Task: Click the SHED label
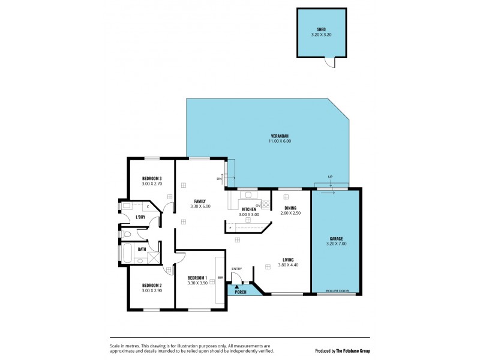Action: tap(321, 30)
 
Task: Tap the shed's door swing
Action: tap(329, 61)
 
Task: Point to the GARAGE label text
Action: tap(337, 238)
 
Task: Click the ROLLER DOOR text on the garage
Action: tap(337, 291)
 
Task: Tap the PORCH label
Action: tap(240, 292)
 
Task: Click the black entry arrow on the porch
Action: tap(237, 286)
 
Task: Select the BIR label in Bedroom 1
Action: tap(221, 278)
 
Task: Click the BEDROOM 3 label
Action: tap(152, 178)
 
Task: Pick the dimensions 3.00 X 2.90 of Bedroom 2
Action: tap(152, 290)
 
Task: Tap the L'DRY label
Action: tap(140, 217)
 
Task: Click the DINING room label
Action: tap(290, 208)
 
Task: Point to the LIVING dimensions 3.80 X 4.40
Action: tap(289, 265)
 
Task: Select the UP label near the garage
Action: tap(330, 176)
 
